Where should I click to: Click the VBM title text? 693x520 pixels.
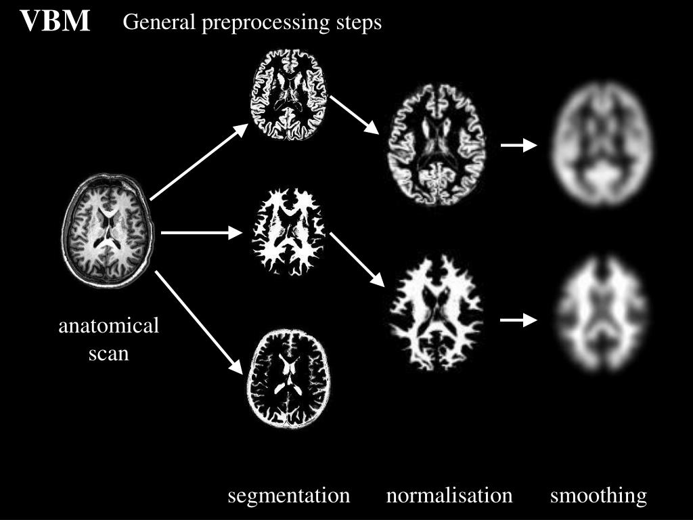tap(55, 21)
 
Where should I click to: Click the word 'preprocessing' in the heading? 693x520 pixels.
tap(267, 23)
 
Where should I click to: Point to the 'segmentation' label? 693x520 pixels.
tap(289, 496)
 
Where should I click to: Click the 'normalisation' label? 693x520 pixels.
tap(449, 496)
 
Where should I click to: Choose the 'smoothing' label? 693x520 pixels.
tap(598, 496)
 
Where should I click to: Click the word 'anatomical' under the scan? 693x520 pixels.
tap(109, 326)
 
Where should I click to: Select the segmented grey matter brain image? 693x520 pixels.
tap(289, 95)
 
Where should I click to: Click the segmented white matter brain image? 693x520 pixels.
tap(289, 232)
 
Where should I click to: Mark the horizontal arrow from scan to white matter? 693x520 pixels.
tap(202, 234)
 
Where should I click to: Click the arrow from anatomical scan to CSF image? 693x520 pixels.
tap(199, 322)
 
